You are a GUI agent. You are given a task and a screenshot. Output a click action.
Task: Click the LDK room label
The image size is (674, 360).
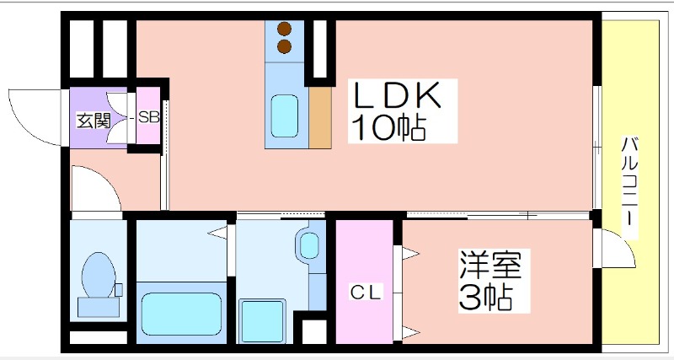(397, 94)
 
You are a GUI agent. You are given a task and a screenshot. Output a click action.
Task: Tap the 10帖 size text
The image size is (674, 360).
(388, 128)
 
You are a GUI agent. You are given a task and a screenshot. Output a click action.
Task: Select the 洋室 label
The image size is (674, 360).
(490, 265)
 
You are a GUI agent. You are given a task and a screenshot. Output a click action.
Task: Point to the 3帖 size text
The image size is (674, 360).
(486, 298)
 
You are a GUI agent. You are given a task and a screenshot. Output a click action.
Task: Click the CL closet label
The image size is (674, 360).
(366, 293)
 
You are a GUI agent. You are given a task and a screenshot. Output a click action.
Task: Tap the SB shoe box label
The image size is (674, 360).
(149, 117)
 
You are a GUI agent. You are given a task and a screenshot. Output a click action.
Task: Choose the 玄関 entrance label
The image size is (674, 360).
(94, 121)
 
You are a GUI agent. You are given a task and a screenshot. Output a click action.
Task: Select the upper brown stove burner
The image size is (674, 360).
(284, 30)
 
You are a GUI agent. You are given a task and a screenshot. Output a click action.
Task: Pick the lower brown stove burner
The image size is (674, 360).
(284, 46)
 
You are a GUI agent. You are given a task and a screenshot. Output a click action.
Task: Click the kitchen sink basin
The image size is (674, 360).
(285, 116)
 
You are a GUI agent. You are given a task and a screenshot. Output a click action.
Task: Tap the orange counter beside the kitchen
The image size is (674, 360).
(320, 118)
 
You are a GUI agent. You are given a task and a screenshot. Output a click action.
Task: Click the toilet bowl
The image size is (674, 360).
(99, 275)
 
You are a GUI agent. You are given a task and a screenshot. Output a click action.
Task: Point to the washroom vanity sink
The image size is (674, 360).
(309, 246)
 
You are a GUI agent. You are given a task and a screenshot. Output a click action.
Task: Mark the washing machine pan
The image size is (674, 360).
(262, 321)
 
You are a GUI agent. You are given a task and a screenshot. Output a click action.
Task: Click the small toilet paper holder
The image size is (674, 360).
(119, 290)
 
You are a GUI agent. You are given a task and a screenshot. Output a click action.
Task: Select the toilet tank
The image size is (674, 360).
(99, 308)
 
